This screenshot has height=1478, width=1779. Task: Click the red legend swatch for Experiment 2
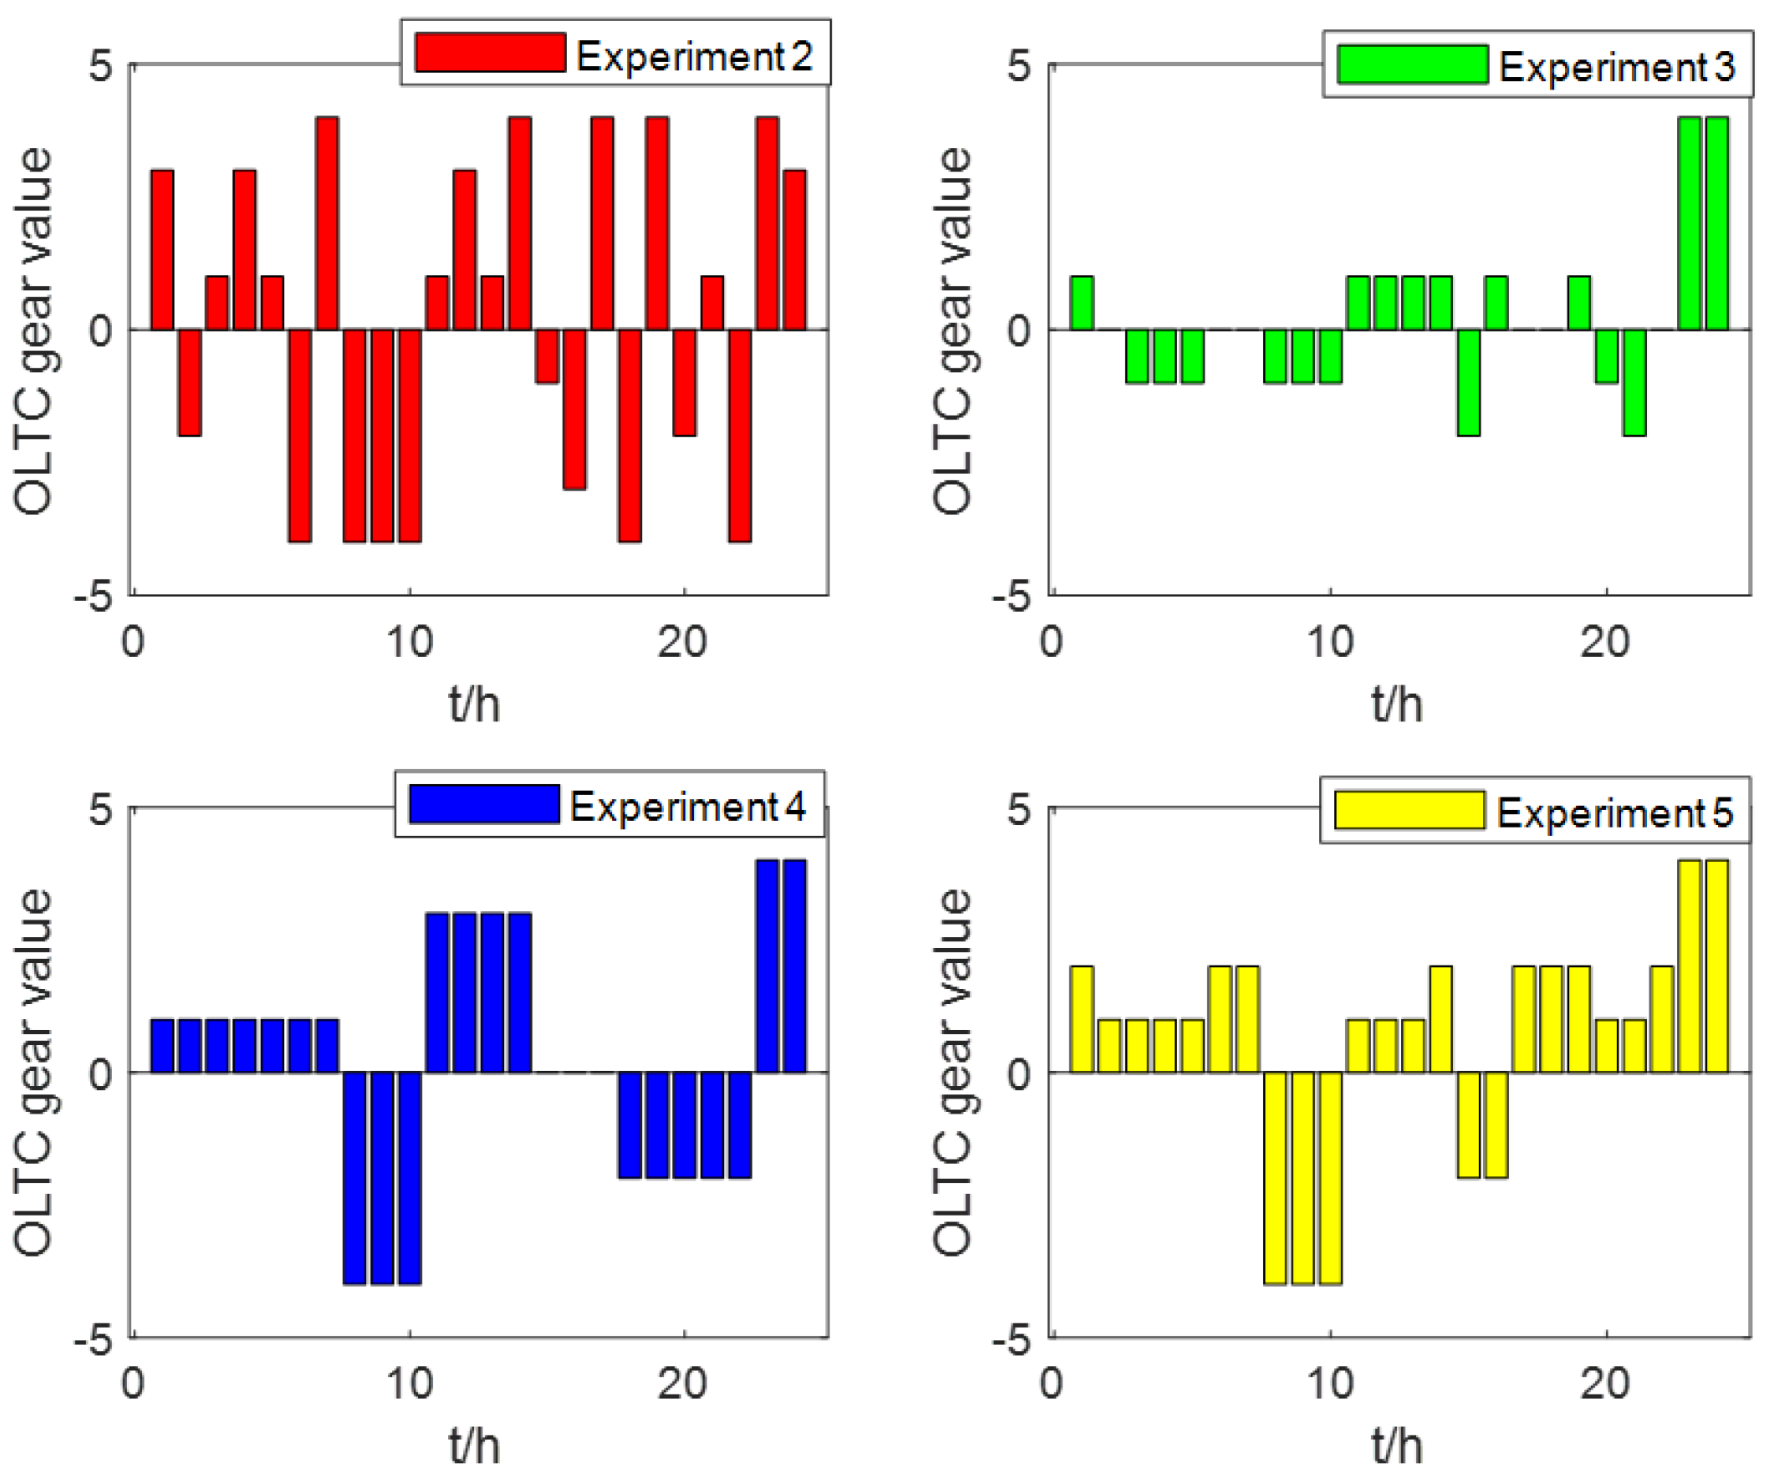tap(490, 53)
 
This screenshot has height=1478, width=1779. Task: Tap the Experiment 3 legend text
tap(1616, 66)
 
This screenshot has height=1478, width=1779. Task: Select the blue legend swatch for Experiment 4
tap(484, 804)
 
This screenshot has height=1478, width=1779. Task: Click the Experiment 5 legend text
tap(1613, 813)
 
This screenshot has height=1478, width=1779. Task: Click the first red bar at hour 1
tap(162, 250)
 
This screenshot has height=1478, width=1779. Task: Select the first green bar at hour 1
tap(1081, 303)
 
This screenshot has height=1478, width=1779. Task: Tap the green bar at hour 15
tap(1468, 382)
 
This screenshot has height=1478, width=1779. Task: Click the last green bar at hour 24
tap(1716, 223)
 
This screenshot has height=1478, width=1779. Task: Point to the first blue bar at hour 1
tap(162, 1045)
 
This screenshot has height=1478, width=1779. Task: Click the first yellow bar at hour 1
tap(1081, 1019)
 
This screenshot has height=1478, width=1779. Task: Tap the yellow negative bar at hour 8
tap(1274, 1178)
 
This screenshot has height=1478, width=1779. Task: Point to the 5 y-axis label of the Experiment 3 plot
tap(1018, 65)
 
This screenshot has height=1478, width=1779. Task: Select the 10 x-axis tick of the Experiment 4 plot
tap(409, 1384)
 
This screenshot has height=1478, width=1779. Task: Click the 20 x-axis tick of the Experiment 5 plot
tap(1604, 1384)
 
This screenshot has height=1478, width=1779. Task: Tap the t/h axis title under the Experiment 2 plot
tap(474, 705)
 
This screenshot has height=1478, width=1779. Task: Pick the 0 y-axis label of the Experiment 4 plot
tap(101, 1073)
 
